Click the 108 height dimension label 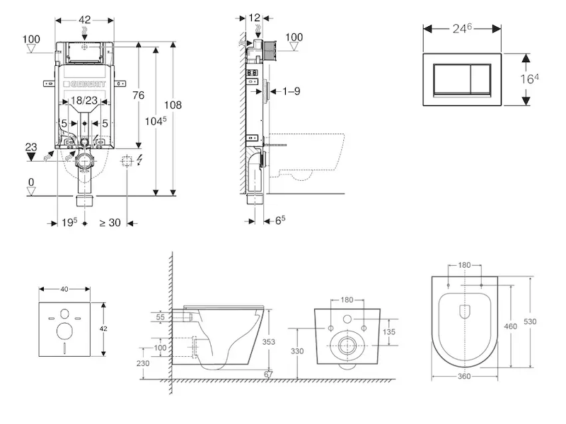[x=173, y=105]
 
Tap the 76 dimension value [x=139, y=95]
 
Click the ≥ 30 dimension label [x=110, y=223]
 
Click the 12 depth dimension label [x=255, y=16]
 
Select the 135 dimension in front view [x=389, y=331]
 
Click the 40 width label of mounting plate [x=64, y=289]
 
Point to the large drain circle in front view [x=347, y=346]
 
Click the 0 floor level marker [x=30, y=182]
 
